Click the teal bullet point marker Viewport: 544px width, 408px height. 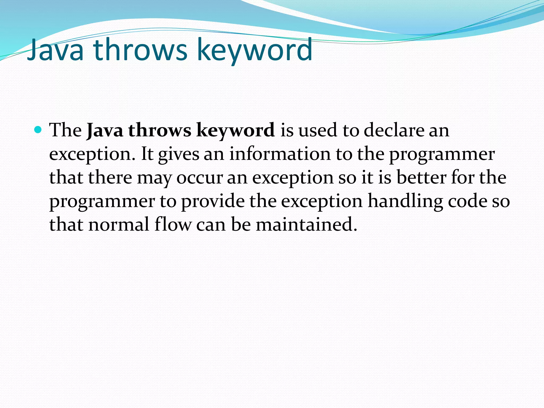[x=38, y=130]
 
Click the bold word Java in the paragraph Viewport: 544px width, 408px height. [x=105, y=130]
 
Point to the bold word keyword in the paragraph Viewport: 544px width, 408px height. [x=235, y=131]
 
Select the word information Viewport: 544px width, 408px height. [x=280, y=154]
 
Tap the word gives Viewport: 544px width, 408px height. [x=178, y=154]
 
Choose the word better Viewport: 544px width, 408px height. [x=421, y=177]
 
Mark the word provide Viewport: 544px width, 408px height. [x=213, y=201]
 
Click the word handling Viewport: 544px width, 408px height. [x=405, y=201]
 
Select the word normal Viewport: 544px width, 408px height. [x=119, y=224]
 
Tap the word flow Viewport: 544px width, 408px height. [x=173, y=224]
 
